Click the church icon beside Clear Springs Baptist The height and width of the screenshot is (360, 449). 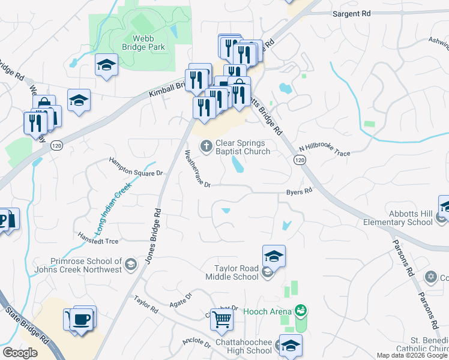point(206,145)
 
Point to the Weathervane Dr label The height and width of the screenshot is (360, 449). point(196,170)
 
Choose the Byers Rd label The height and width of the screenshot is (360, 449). point(300,192)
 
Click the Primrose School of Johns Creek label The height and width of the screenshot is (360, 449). point(78,265)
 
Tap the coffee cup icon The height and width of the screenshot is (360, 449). point(82,318)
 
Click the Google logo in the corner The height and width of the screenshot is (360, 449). point(20,353)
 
